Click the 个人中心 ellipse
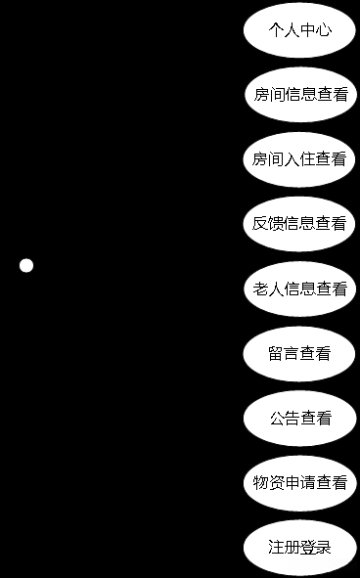point(299,30)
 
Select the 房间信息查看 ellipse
point(299,95)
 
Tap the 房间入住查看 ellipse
point(299,159)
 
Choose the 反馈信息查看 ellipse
point(299,224)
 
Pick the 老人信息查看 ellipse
point(299,289)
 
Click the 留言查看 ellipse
point(299,353)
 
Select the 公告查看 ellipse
point(299,419)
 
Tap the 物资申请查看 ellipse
point(299,483)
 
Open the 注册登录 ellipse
point(299,548)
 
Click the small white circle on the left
point(26,265)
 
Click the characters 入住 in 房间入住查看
point(299,159)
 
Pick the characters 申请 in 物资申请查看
point(299,483)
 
